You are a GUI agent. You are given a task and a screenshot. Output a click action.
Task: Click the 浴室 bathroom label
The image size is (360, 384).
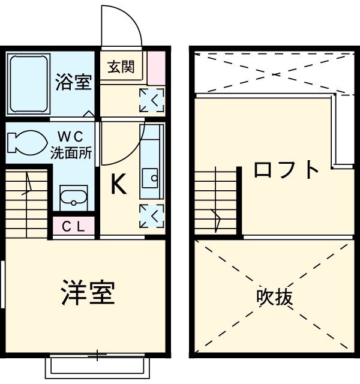pyautogui.click(x=74, y=83)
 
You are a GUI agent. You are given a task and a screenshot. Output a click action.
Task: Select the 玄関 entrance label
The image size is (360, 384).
pyautogui.click(x=121, y=67)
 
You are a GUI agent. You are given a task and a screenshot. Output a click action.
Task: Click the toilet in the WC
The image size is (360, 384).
pyautogui.click(x=26, y=142)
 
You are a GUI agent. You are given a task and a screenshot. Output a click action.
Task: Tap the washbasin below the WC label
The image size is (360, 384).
pyautogui.click(x=73, y=195)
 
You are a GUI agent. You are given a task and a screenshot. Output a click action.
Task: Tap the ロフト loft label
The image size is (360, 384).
pyautogui.click(x=286, y=170)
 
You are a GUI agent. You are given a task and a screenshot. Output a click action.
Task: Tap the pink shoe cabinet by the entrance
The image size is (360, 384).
pyautogui.click(x=155, y=69)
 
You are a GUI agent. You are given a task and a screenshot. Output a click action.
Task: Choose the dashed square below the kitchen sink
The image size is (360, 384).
pyautogui.click(x=151, y=216)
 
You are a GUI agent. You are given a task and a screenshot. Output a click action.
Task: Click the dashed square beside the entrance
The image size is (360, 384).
pyautogui.click(x=151, y=100)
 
